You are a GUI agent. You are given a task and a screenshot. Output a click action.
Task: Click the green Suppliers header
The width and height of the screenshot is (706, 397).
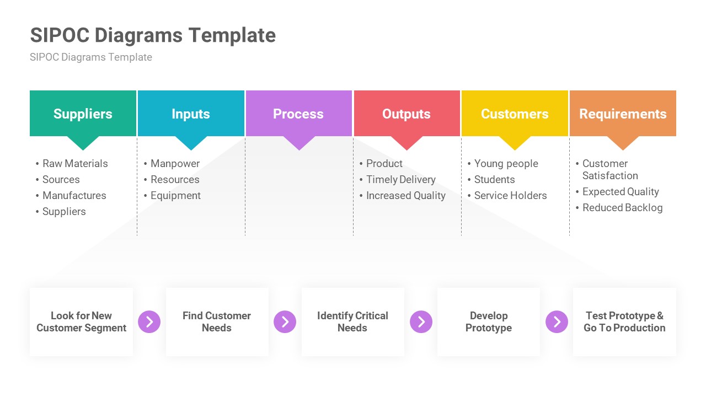point(83,114)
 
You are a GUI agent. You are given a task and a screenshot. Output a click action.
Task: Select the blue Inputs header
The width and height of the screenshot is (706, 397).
point(191,114)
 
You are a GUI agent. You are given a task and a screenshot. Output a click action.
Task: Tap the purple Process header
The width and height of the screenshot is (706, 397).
point(298,114)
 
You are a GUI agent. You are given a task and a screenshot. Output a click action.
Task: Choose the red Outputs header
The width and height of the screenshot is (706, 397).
point(407,114)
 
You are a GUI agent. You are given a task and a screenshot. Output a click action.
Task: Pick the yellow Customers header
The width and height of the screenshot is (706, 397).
point(515,114)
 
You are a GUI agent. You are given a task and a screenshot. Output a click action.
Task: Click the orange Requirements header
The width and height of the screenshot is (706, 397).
point(623,114)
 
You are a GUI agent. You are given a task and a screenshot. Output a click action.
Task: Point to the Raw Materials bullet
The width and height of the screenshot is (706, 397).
point(75,164)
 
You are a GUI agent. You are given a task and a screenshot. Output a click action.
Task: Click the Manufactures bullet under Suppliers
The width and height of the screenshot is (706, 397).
point(74,196)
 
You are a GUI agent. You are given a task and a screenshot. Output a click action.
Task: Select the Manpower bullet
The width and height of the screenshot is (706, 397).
point(175,164)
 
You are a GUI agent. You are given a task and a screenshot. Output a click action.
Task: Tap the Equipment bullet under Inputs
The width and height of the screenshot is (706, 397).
point(175,196)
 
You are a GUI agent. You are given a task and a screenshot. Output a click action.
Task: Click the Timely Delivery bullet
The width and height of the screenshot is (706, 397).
point(400,180)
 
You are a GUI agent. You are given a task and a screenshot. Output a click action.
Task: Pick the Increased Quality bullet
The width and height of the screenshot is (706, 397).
point(405,196)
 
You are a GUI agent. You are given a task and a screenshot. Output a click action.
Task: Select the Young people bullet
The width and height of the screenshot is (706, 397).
point(506,164)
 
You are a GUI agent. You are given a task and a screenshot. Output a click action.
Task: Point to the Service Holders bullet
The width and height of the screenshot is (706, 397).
point(510,196)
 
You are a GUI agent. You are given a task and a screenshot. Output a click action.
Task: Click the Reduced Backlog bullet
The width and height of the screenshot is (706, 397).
point(622,208)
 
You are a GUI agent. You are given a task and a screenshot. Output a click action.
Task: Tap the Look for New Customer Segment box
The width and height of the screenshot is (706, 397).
point(82,322)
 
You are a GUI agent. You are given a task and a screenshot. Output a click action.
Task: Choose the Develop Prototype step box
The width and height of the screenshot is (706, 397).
point(489,322)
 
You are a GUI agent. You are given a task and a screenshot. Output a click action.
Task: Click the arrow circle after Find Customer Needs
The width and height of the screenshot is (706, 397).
point(285,322)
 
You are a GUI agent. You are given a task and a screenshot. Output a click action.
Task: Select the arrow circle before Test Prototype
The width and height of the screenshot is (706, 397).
point(557,322)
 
